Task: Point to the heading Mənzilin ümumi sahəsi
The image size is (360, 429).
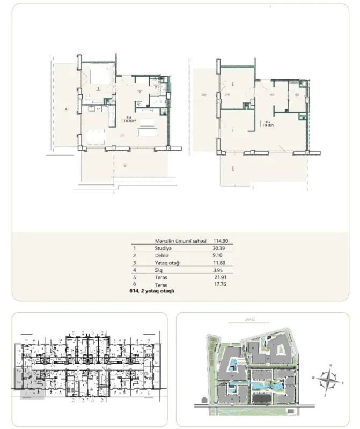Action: tap(172, 241)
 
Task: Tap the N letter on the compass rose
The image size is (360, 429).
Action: tap(331, 365)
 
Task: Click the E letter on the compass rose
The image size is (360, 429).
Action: tap(343, 384)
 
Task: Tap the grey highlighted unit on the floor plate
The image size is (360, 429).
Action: tap(32, 385)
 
